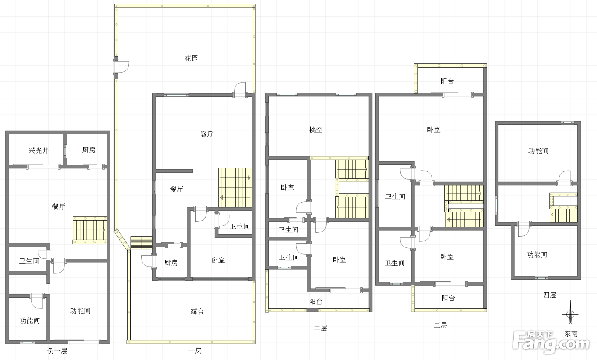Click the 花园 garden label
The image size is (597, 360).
coord(191,58)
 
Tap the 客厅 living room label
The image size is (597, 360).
coord(207,134)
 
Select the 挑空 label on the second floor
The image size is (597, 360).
coord(316,130)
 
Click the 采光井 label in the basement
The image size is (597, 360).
coord(39,151)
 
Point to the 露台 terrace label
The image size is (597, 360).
coord(197,311)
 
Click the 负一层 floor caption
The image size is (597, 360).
coord(57,351)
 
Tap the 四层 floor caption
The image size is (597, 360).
coord(550,295)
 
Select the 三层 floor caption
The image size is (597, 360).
coord(440,325)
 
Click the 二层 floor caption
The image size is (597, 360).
coord(320,328)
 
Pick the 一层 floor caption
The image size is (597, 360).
coord(195,350)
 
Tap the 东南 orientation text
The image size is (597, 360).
coord(571,334)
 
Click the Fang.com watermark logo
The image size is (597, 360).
coord(551,342)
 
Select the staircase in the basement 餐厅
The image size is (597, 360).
coord(90,230)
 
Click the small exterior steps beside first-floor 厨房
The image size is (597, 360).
coord(142,242)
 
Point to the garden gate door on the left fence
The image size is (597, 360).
coord(121,67)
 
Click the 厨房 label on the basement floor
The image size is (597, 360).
coord(89,150)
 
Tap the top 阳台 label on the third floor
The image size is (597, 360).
coord(447,81)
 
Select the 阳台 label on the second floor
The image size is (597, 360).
coord(316,301)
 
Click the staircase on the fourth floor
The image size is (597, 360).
coord(563,208)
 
